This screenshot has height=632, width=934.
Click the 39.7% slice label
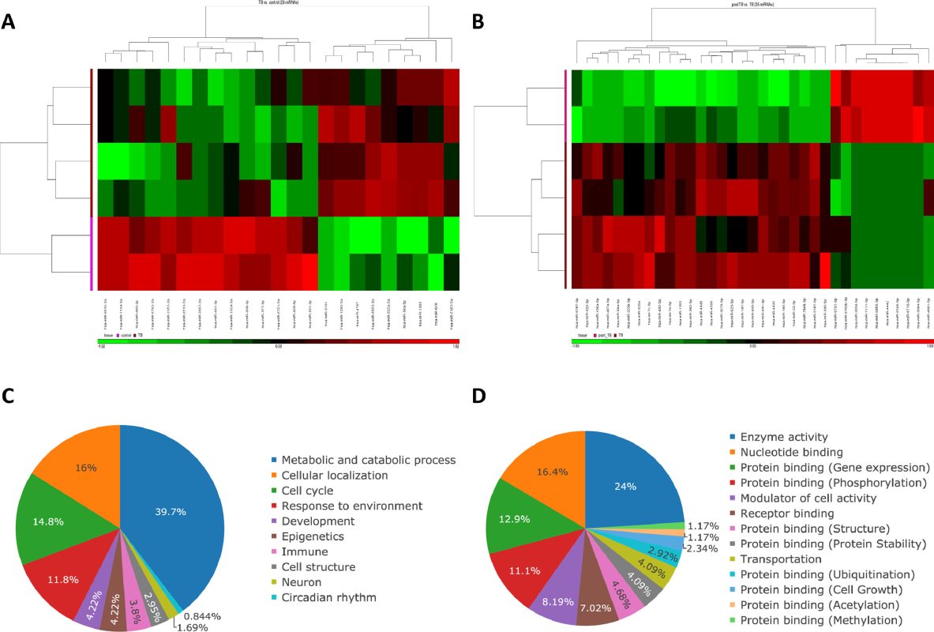[x=171, y=512]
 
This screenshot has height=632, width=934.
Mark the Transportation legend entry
[x=775, y=559]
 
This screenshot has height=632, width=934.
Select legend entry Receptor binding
[x=778, y=513]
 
